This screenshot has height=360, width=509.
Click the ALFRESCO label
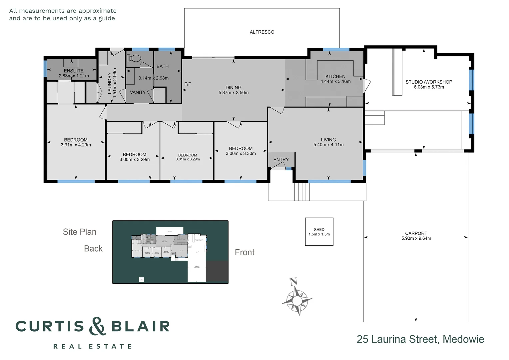pyautogui.click(x=262, y=32)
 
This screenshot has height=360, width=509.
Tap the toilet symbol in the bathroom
pyautogui.click(x=134, y=58)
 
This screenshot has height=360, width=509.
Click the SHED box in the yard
pyautogui.click(x=319, y=232)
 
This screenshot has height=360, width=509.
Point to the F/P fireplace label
pyautogui.click(x=188, y=84)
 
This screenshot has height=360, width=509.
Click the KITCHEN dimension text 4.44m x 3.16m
pyautogui.click(x=335, y=81)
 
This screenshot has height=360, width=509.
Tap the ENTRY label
pyautogui.click(x=281, y=160)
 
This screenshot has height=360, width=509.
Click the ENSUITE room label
pyautogui.click(x=74, y=71)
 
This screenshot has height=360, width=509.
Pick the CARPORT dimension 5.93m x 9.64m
pyautogui.click(x=416, y=238)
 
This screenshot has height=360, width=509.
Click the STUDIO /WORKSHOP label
pyautogui.click(x=429, y=82)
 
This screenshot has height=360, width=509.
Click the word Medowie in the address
pyautogui.click(x=463, y=339)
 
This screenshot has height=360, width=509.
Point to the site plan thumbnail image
pyautogui.click(x=170, y=252)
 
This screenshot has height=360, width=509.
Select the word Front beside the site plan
pyautogui.click(x=245, y=252)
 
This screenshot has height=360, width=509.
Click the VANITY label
pyautogui.click(x=138, y=92)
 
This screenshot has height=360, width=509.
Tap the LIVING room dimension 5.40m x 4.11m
pyautogui.click(x=328, y=145)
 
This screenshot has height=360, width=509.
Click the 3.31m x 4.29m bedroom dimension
pyautogui.click(x=76, y=145)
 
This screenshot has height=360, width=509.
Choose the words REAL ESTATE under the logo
pyautogui.click(x=93, y=346)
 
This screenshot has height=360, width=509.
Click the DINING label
pyautogui.click(x=234, y=87)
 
